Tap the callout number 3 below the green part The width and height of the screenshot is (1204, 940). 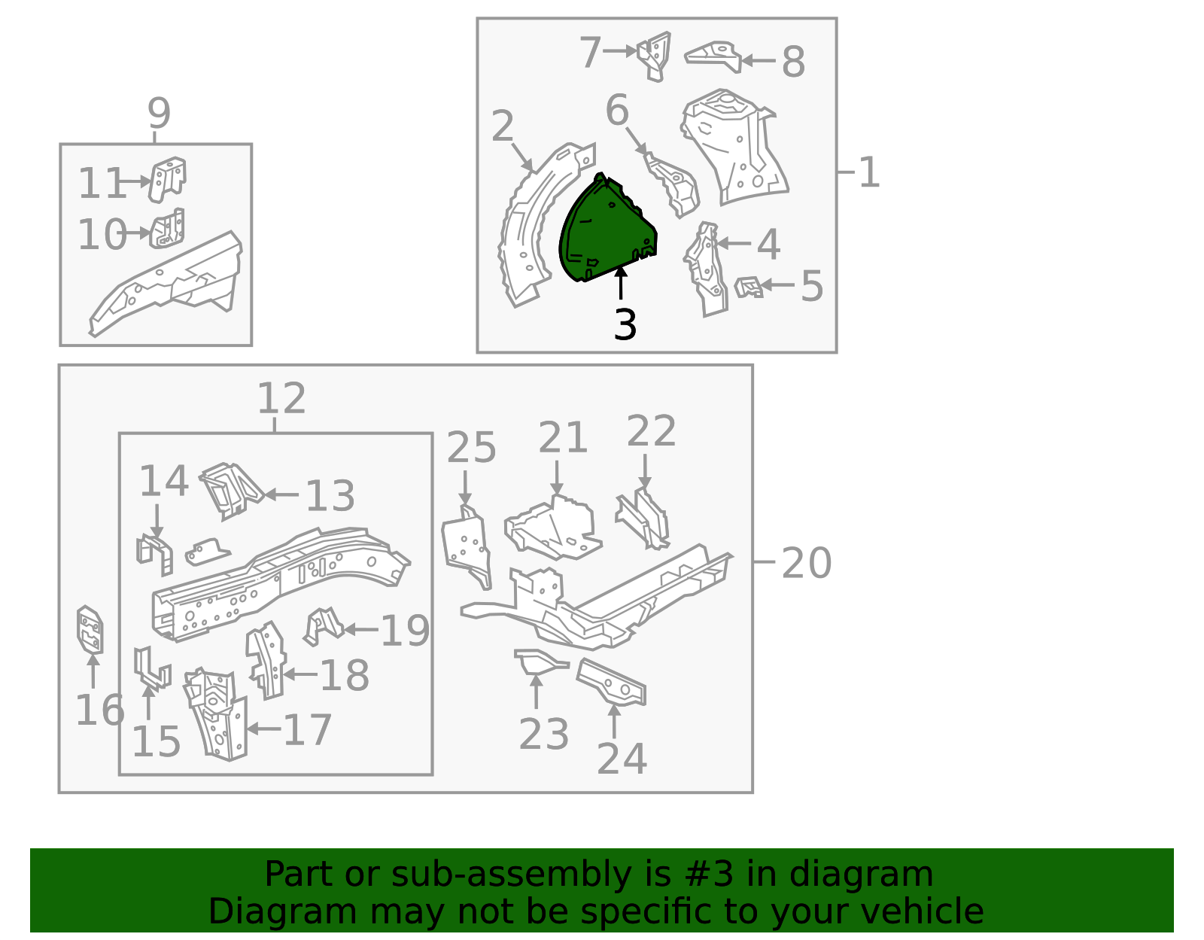625,324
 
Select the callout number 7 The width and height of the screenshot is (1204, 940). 590,53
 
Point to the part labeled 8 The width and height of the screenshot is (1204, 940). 713,56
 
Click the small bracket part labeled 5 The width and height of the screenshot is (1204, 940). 748,287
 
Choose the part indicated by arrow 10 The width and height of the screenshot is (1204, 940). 167,228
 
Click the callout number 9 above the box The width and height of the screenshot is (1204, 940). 159,113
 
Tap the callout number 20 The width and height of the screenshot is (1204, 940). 806,564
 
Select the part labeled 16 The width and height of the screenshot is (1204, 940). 90,629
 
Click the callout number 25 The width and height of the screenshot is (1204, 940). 471,448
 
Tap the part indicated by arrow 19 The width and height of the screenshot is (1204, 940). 324,626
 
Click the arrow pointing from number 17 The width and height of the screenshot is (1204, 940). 263,729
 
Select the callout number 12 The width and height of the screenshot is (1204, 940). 281,398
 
